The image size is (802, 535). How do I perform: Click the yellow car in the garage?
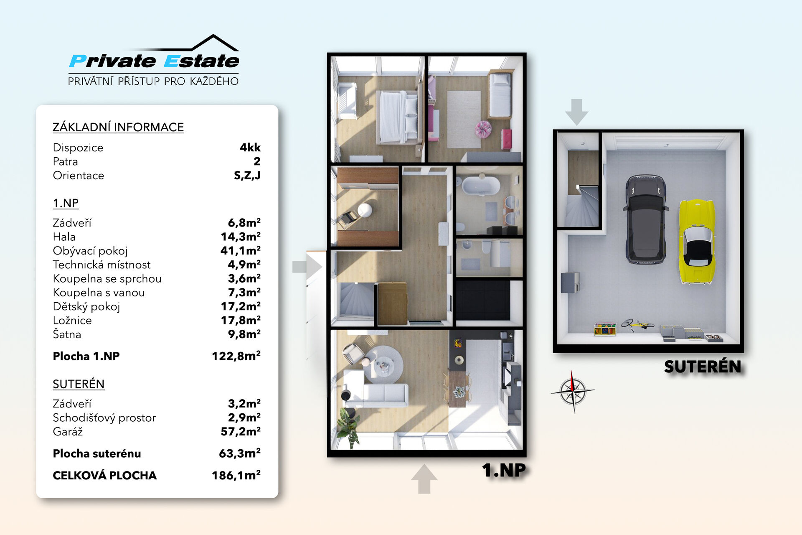[696, 242]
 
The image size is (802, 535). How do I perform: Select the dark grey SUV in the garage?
[645, 219]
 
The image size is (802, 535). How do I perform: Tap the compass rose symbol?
[573, 391]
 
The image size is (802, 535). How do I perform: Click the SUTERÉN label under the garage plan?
[703, 367]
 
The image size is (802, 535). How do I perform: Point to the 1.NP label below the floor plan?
[504, 470]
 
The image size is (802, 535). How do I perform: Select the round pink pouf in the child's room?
[483, 129]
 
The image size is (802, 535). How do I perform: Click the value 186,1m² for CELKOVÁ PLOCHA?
[236, 475]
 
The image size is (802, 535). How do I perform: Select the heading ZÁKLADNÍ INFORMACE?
[118, 127]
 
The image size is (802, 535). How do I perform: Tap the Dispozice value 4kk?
[250, 148]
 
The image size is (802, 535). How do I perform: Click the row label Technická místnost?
[102, 265]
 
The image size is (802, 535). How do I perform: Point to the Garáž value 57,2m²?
[240, 431]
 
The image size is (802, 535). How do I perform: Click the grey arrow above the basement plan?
[576, 112]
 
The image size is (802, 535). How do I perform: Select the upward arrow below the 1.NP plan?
[424, 479]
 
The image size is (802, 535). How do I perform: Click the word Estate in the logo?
[201, 61]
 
